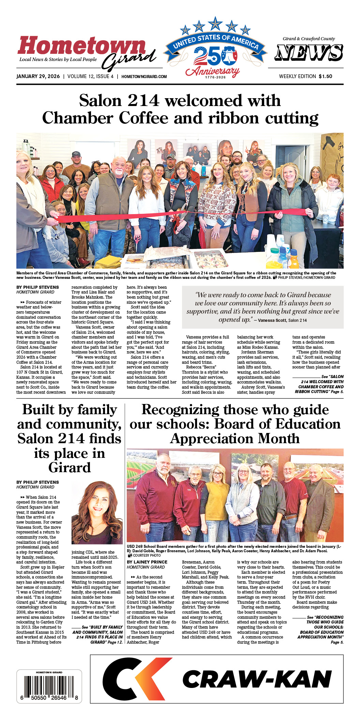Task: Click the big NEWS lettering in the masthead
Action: pos(309,53)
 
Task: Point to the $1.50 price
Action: pos(325,76)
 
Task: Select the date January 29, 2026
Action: pos(38,76)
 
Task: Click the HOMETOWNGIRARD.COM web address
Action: pos(144,77)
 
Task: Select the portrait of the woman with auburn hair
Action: pos(97,513)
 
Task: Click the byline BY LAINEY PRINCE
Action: pos(147,562)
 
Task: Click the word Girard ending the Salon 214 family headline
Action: pos(70,467)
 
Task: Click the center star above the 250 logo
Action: pos(215,24)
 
